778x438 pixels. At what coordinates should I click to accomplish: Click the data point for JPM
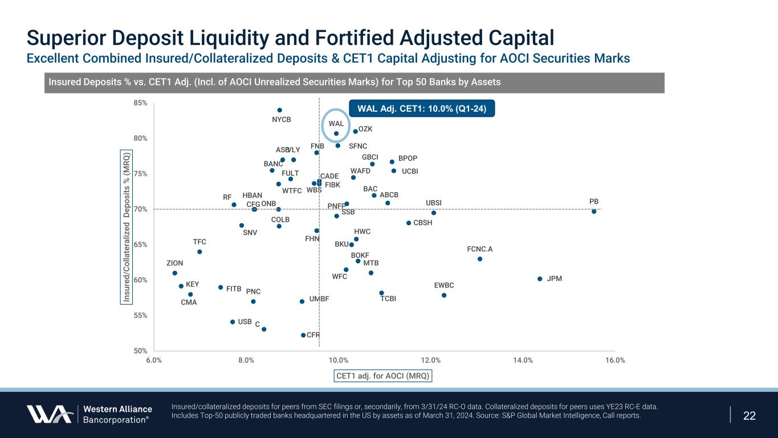540,279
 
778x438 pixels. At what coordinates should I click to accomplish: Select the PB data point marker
594,212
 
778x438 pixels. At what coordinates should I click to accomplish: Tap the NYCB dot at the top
280,110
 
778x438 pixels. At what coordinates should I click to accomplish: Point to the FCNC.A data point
480,259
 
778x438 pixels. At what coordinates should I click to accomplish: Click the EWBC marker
444,295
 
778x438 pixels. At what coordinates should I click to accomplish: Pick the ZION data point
175,273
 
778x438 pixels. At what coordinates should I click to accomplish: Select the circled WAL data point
336,133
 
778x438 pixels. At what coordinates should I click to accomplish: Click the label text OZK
365,129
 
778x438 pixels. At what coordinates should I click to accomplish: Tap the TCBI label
388,299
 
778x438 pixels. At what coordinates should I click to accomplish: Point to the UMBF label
319,299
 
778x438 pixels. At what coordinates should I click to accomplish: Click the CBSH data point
409,223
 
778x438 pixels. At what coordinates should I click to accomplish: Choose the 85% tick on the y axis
141,103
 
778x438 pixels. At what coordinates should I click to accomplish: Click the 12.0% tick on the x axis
431,360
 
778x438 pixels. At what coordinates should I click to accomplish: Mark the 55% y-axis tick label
141,315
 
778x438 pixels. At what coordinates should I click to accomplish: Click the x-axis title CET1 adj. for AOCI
382,376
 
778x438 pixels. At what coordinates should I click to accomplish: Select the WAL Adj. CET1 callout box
422,108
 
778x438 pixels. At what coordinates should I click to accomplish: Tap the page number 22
750,415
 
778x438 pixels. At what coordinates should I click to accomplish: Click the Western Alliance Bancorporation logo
89,414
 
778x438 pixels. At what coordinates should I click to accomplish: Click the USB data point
233,322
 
